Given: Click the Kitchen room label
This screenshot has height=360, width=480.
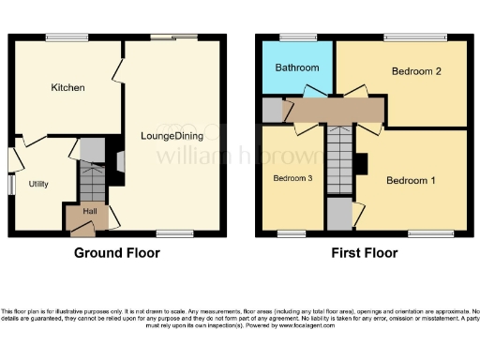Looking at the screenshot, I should click(67, 88).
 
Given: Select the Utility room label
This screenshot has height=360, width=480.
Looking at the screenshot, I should click(37, 184).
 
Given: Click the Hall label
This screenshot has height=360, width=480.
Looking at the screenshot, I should click(90, 212).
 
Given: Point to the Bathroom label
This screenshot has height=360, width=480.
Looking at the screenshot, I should click(296, 68).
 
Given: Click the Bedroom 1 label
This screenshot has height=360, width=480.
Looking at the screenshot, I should click(412, 180).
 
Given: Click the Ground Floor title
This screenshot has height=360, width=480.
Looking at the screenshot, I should click(116, 253).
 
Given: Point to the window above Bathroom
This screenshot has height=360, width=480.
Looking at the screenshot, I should click(296, 37).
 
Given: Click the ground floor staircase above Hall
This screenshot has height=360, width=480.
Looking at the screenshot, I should click(91, 181).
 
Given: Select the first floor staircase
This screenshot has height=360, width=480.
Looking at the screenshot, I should click(338, 159).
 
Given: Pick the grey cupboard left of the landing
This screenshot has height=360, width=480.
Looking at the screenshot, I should click(273, 110).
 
